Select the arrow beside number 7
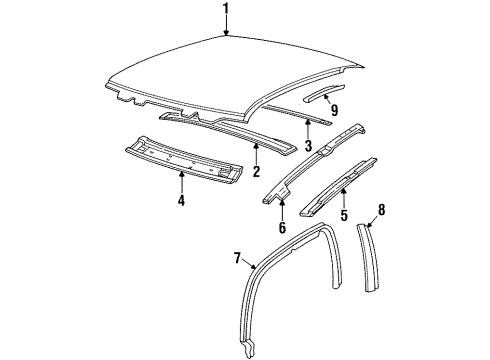point(251,264)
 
